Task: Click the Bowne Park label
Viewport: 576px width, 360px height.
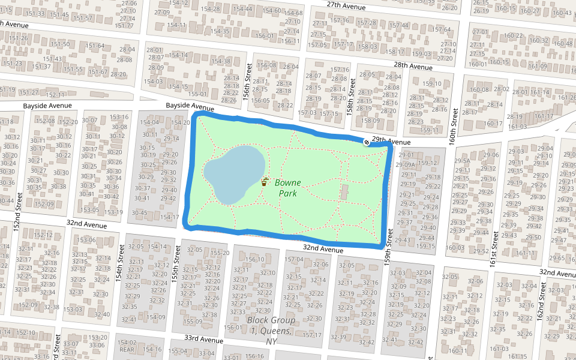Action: tap(287, 187)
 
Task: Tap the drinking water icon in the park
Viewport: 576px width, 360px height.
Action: tap(265, 181)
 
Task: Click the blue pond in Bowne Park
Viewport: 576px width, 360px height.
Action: tap(234, 174)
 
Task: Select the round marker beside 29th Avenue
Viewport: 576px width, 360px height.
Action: tap(367, 142)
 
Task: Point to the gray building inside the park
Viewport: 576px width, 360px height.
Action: tap(344, 192)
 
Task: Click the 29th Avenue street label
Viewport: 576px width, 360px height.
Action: tap(391, 141)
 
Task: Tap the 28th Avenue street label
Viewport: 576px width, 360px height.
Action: tap(413, 67)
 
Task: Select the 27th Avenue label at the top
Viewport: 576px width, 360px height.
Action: tap(363, 6)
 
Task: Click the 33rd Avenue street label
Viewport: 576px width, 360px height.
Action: tap(200, 339)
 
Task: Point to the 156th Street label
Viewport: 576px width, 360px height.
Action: tap(246, 74)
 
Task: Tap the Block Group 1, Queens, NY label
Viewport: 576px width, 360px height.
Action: tap(271, 330)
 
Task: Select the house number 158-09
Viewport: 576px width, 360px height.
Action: tap(371, 121)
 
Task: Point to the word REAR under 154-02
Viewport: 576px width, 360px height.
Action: tap(127, 349)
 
